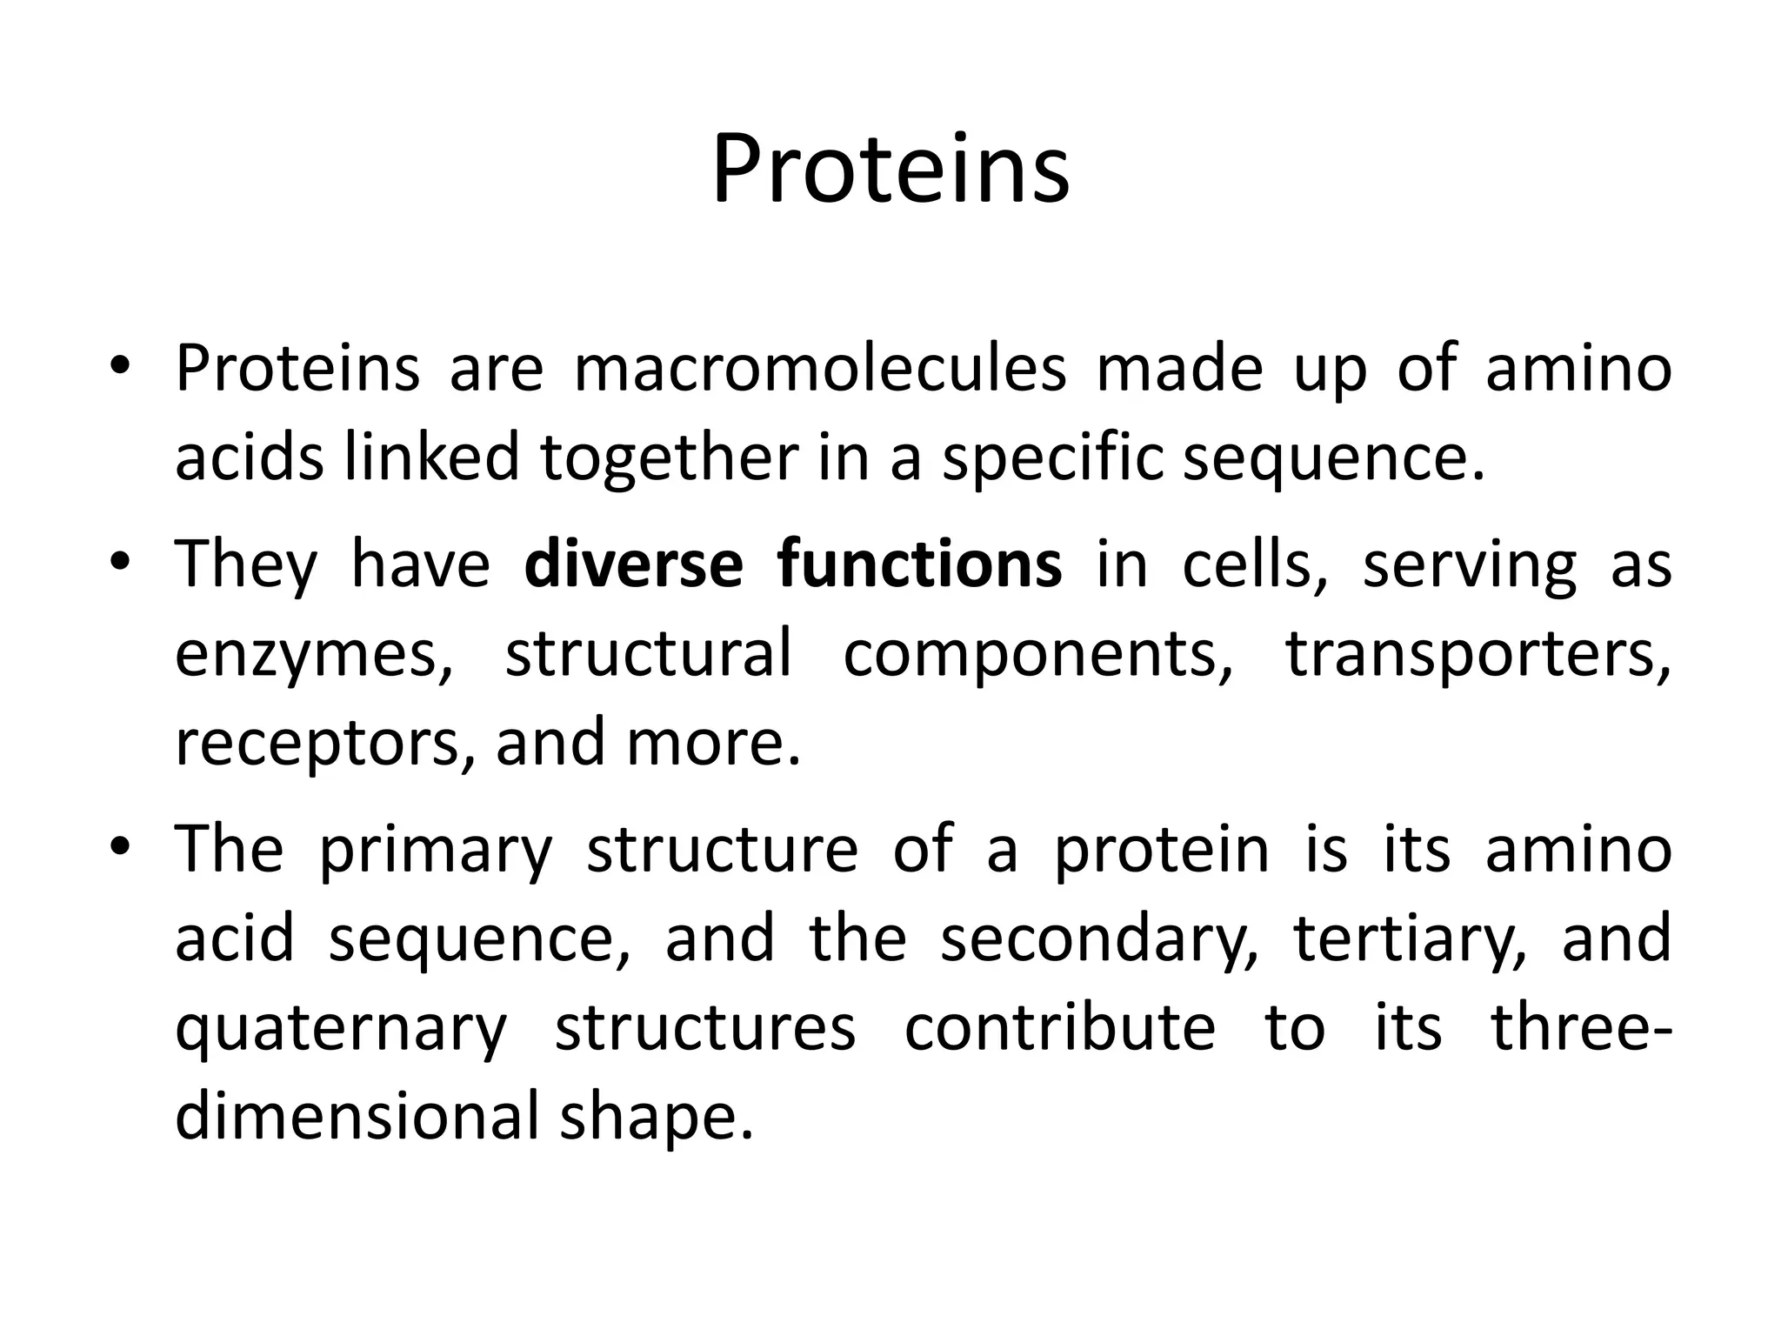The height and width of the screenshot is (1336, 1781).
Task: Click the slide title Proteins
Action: [x=890, y=170]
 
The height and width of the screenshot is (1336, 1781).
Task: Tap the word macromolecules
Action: [x=820, y=369]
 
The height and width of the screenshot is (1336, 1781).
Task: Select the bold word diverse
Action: [x=634, y=564]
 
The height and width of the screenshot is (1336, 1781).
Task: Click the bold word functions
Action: [x=920, y=564]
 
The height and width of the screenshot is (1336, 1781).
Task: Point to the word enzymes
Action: [x=314, y=654]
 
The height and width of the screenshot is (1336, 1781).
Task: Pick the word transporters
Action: [x=1477, y=654]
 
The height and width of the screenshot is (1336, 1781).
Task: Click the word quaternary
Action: [x=341, y=1029]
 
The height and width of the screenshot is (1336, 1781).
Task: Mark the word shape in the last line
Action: [x=654, y=1117]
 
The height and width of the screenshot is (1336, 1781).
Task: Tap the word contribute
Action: [x=1059, y=1029]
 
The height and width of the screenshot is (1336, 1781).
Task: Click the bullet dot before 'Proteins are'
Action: [x=121, y=365]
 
